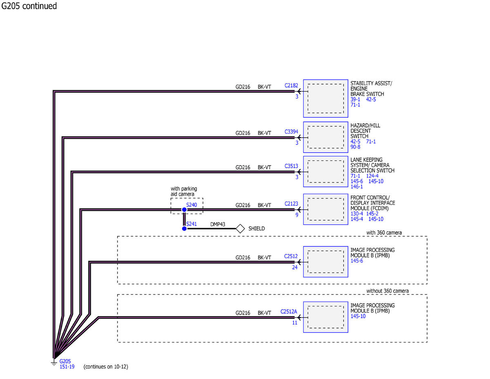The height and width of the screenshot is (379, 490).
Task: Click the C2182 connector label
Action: [291, 86]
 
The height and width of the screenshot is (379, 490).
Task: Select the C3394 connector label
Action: [291, 132]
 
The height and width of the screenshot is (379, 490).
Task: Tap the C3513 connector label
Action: [291, 166]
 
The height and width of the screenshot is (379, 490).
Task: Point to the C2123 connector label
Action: [291, 204]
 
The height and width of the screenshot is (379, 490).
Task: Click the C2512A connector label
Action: [289, 312]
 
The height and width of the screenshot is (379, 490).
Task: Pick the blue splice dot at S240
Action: [184, 210]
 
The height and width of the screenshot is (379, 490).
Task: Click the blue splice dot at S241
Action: [184, 229]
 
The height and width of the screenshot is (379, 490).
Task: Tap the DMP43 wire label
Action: [218, 225]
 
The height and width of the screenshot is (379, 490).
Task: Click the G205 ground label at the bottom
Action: [65, 361]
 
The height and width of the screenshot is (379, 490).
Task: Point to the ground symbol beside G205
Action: [53, 362]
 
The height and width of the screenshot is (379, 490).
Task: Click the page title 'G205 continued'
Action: [29, 6]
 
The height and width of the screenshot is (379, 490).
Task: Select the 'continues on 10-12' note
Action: [106, 367]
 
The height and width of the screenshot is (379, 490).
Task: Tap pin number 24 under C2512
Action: [294, 268]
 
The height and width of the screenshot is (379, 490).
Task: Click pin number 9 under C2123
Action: [297, 214]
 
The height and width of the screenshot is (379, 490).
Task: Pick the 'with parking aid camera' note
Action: [184, 191]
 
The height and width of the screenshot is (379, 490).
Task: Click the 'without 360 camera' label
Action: [388, 291]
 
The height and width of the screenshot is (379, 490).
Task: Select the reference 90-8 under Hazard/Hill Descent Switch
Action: [355, 147]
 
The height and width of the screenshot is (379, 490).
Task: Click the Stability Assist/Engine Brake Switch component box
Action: [325, 99]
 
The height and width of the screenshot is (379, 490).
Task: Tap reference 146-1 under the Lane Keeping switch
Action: [356, 186]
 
